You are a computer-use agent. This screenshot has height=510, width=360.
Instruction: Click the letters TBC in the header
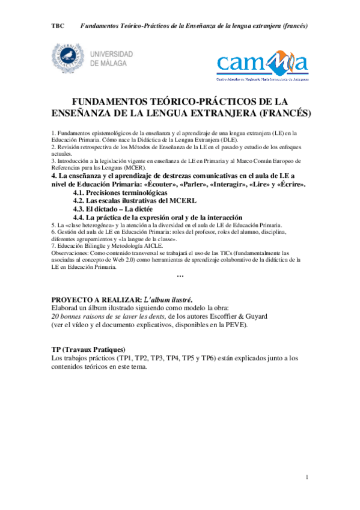click(58, 26)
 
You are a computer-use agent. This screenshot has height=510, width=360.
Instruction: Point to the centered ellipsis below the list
click(180, 275)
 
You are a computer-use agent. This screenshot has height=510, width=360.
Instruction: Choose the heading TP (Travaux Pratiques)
click(88, 349)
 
